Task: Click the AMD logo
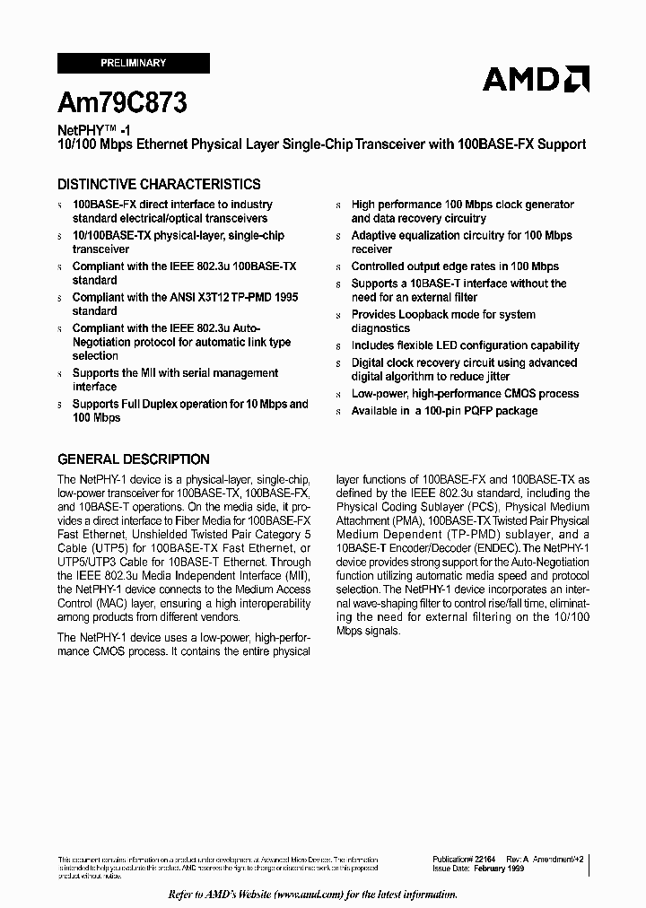536,79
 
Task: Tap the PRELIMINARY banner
133,64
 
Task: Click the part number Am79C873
122,103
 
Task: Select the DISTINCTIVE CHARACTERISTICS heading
159,185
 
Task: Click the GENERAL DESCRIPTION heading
134,459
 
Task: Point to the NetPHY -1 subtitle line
94,129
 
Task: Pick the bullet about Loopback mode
443,321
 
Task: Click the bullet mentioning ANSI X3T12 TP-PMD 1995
185,304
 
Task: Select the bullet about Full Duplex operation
190,411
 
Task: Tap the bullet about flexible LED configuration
465,345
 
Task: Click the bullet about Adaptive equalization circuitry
461,242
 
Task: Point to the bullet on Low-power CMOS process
465,394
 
